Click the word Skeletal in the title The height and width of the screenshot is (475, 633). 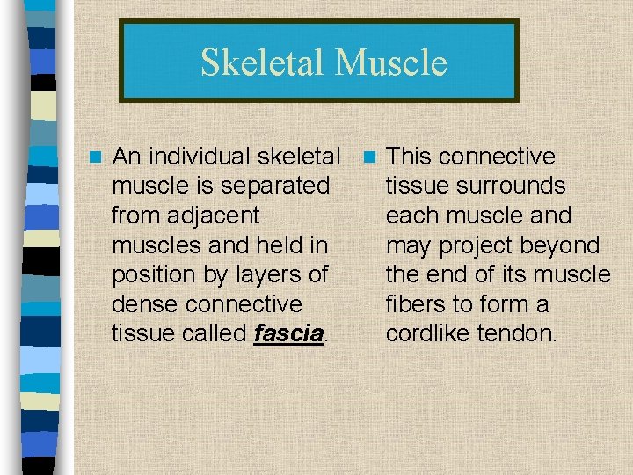pos(263,62)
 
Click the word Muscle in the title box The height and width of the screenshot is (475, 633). pos(391,62)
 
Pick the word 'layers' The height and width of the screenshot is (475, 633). pos(266,274)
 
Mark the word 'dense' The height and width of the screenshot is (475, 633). pos(144,304)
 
